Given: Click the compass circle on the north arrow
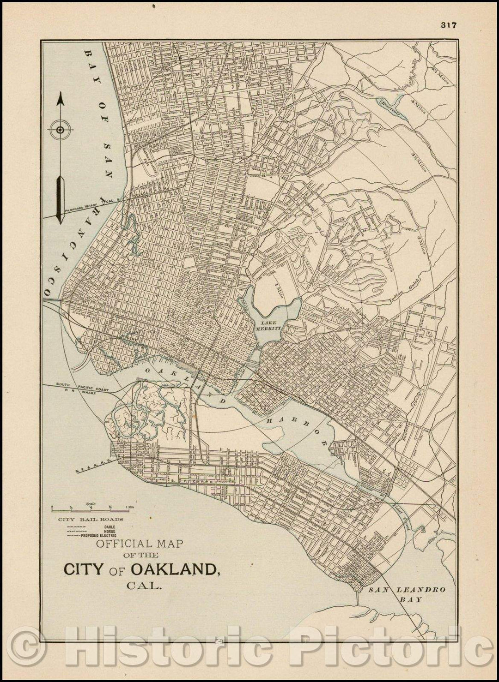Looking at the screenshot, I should (x=61, y=130).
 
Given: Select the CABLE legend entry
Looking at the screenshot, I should (x=110, y=526).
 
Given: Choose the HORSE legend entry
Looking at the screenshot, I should (x=110, y=531).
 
